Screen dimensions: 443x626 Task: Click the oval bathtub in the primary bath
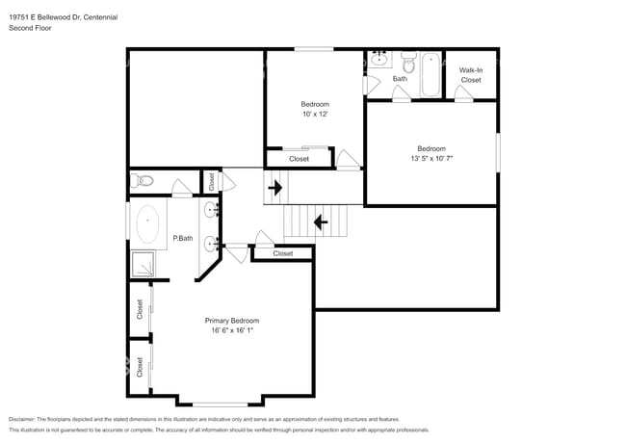[x=146, y=223]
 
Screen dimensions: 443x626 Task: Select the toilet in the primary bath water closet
[x=143, y=180]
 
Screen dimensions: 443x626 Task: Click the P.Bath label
[x=183, y=238]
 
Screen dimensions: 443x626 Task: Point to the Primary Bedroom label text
[x=231, y=321]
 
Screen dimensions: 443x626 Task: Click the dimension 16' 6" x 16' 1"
[x=231, y=331]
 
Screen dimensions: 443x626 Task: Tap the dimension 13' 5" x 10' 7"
[x=430, y=158]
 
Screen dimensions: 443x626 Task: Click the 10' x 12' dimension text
[x=315, y=115]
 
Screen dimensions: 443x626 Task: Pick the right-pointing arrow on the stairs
[x=275, y=187]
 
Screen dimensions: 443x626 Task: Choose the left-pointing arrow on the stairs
[x=320, y=223]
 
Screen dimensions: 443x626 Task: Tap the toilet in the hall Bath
[x=407, y=65]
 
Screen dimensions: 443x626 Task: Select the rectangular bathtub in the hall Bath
[x=430, y=74]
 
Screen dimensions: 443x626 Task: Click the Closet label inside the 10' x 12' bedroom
[x=299, y=159]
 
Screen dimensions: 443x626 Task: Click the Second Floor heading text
[x=30, y=29]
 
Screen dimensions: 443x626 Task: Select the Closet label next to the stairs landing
[x=282, y=253]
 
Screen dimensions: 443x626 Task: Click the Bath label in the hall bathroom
[x=399, y=79]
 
